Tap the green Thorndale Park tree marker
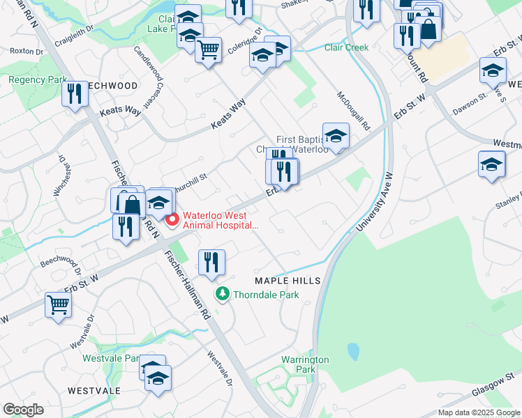pos(223,294)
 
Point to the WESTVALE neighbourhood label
pos(94,391)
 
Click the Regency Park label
pos(38,80)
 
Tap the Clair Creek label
pos(346,47)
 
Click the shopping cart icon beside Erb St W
pos(58,304)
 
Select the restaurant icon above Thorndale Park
pos(211,262)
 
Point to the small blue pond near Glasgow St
pos(353,350)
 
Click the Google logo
pos(24,410)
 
